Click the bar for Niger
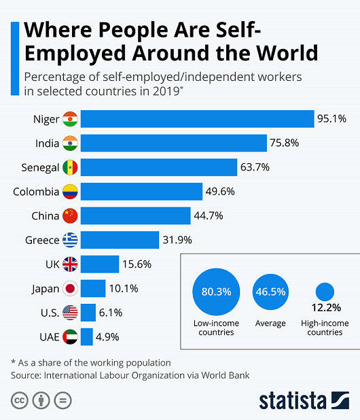197,120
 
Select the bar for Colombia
141,192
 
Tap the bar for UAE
87,336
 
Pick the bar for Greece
120,240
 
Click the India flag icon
70,143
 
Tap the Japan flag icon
70,288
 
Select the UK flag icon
70,264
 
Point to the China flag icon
70,216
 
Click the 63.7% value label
255,168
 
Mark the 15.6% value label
137,264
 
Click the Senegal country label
40,168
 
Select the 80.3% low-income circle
216,292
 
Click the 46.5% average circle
270,292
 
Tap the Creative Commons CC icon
18,400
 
